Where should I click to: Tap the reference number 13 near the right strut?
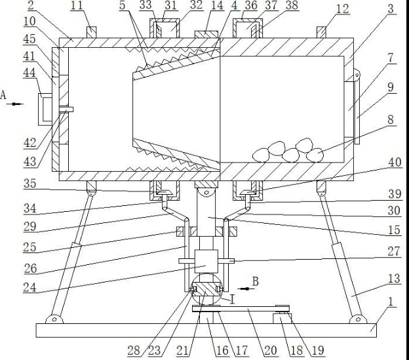point(394,279)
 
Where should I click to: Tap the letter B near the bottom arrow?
point(256,281)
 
